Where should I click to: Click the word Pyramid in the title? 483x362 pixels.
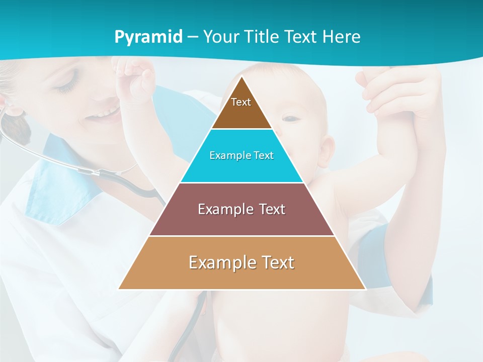(x=148, y=37)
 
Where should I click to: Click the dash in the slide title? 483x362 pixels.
(x=193, y=37)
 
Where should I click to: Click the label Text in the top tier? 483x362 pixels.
(x=241, y=102)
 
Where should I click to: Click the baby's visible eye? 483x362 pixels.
(x=290, y=119)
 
